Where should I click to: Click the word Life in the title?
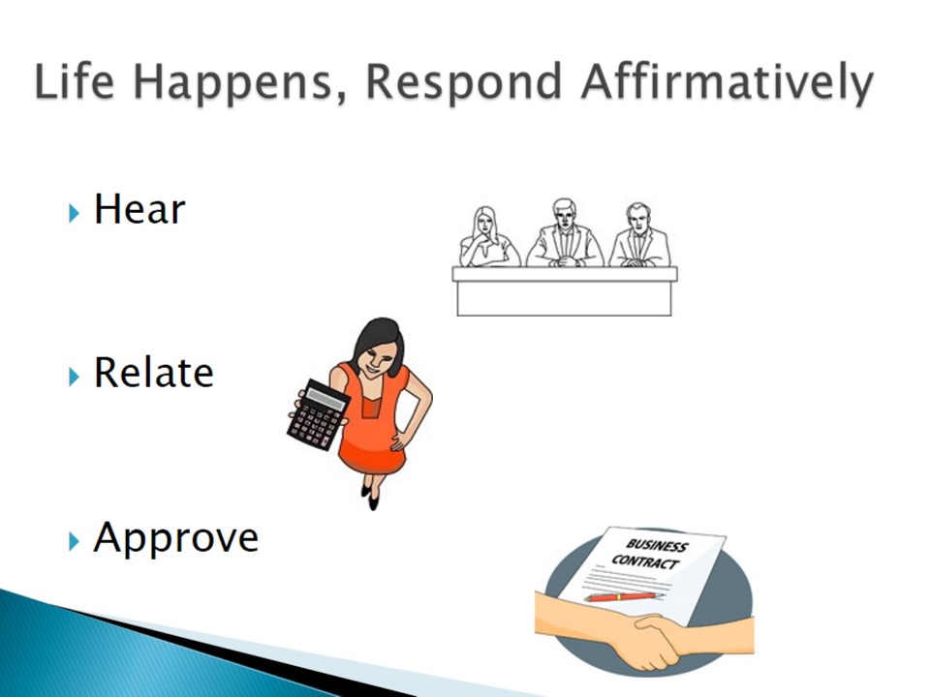pyautogui.click(x=75, y=81)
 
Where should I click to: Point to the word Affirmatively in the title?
pyautogui.click(x=728, y=83)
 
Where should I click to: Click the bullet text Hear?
pyautogui.click(x=139, y=209)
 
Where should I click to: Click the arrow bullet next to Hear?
pyautogui.click(x=74, y=212)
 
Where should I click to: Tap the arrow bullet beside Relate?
pyautogui.click(x=74, y=377)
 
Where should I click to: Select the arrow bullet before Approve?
pyautogui.click(x=74, y=540)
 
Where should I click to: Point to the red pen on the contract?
pyautogui.click(x=623, y=596)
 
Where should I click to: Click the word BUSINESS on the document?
pyautogui.click(x=657, y=545)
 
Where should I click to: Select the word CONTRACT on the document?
pyautogui.click(x=645, y=561)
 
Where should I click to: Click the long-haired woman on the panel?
pyautogui.click(x=488, y=237)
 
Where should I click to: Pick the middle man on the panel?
pyautogui.click(x=564, y=233)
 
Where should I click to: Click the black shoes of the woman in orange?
pyautogui.click(x=370, y=497)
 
